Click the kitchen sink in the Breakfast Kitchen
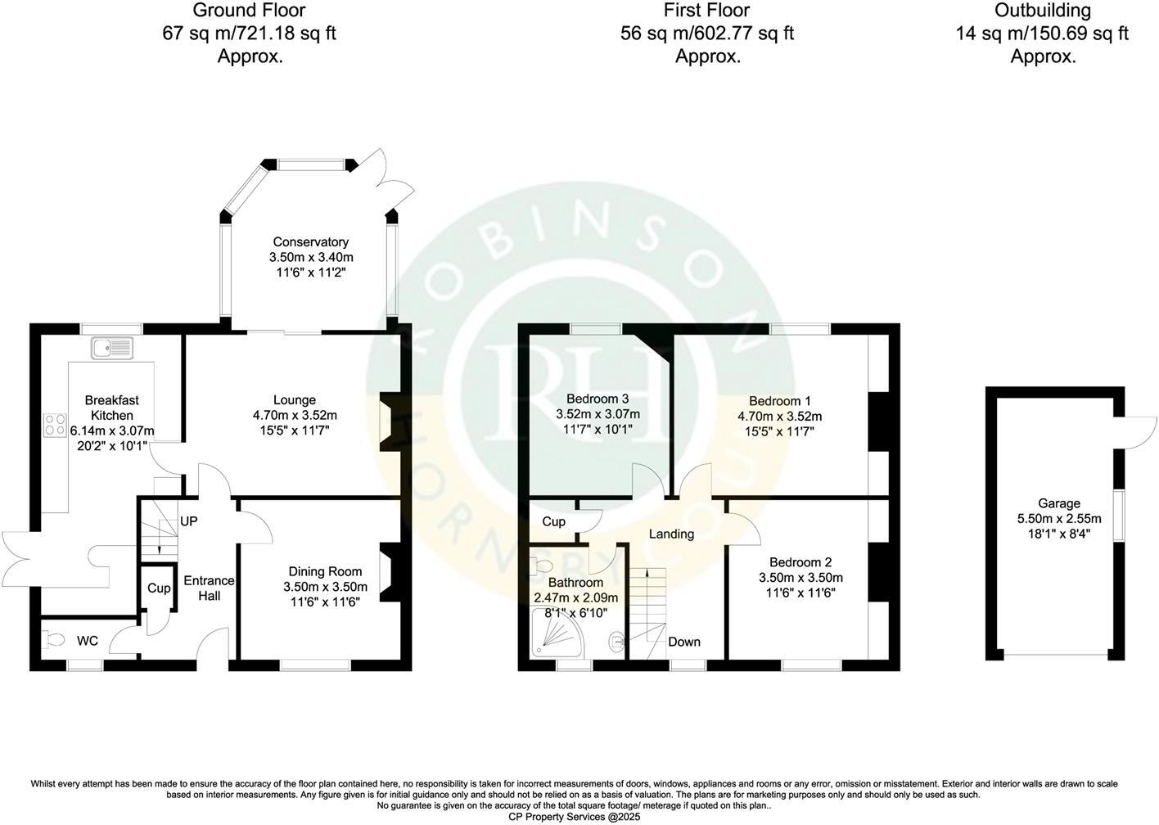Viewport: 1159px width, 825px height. (x=113, y=349)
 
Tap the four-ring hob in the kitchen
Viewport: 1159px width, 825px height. (x=55, y=425)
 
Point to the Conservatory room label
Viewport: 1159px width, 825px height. (x=310, y=242)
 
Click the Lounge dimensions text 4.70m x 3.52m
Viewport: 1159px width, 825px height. (x=295, y=415)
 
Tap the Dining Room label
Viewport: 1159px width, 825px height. (x=325, y=571)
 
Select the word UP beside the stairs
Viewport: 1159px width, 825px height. (x=188, y=521)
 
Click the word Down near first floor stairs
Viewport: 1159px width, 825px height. (x=683, y=642)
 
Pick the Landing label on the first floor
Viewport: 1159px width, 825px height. (x=671, y=534)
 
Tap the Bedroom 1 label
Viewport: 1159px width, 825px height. (x=780, y=401)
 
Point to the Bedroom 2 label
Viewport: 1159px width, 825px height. (x=800, y=562)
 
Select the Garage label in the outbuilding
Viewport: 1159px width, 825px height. (x=1059, y=503)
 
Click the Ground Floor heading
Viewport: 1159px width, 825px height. (x=250, y=11)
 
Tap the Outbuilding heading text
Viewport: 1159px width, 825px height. (x=1042, y=11)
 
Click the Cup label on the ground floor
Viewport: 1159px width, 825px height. (x=159, y=588)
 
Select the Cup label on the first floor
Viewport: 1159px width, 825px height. (x=553, y=521)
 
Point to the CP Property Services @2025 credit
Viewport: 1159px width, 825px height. (x=574, y=817)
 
